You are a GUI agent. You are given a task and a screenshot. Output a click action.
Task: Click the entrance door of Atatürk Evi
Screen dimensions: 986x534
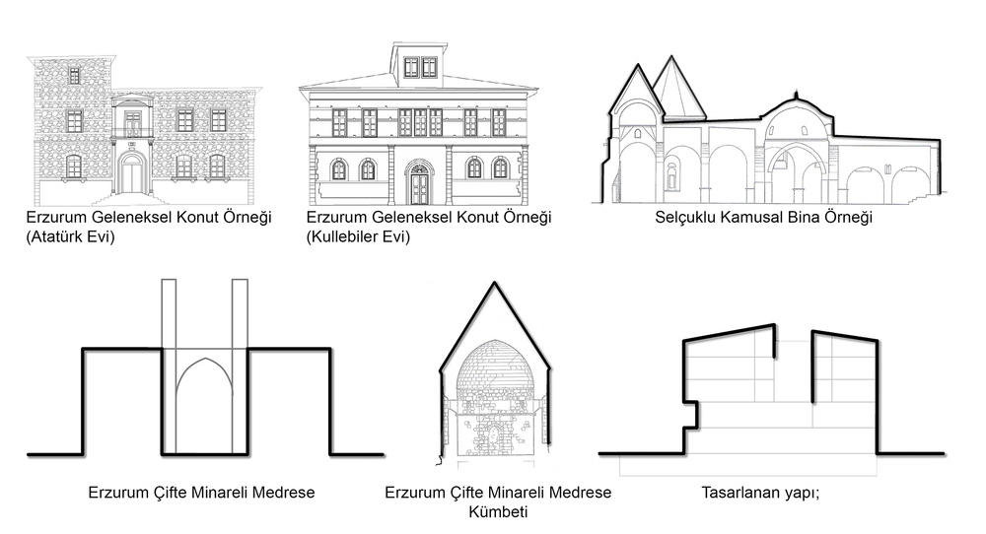point(132,175)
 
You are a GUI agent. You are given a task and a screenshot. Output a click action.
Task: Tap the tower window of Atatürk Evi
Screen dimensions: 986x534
point(74,76)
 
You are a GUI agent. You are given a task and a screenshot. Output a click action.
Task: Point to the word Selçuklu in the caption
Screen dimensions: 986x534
point(685,218)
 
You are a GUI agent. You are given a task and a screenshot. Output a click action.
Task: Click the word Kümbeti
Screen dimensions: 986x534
point(498,511)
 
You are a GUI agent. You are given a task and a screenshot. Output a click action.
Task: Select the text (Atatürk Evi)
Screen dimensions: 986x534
point(70,236)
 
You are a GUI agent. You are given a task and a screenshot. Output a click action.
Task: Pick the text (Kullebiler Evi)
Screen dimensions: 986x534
point(359,236)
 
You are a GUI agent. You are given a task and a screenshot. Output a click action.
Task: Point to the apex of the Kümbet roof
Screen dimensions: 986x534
point(495,282)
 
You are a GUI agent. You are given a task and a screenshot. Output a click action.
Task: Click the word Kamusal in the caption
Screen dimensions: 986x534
point(749,218)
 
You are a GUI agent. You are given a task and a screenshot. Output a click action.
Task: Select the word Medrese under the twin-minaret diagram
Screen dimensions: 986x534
point(284,492)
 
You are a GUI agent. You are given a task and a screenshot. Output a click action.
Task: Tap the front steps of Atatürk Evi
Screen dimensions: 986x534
point(132,199)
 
